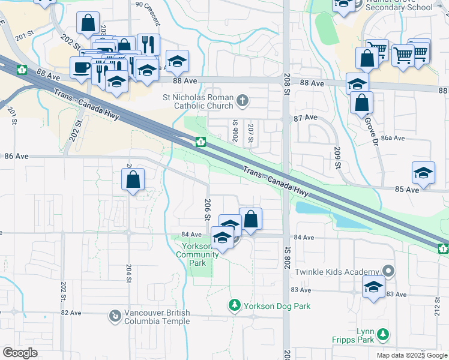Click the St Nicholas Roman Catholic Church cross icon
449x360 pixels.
point(242,100)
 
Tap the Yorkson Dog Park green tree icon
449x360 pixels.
point(235,306)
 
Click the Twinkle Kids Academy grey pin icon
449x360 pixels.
point(388,272)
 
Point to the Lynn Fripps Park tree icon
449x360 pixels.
point(382,334)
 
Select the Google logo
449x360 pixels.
point(20,353)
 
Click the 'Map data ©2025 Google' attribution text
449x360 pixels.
point(412,355)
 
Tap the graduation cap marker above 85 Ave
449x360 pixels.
point(423,173)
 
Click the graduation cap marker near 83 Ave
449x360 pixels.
point(373,287)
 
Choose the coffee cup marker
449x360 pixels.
point(81,68)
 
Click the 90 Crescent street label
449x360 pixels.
point(148,12)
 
